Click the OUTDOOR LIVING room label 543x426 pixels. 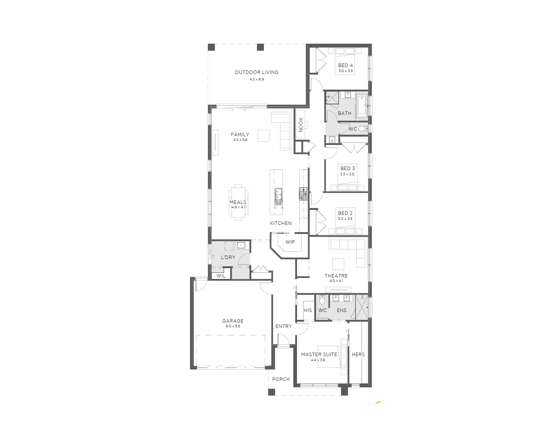(257, 72)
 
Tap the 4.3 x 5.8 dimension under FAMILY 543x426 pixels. (240, 140)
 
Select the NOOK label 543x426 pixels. (301, 124)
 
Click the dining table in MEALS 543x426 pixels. (238, 202)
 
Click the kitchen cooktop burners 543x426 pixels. (304, 194)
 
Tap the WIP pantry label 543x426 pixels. (290, 242)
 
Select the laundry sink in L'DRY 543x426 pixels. (241, 245)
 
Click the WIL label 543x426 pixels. (221, 276)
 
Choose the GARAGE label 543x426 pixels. (233, 321)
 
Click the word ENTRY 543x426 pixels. (284, 326)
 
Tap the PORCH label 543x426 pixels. (281, 379)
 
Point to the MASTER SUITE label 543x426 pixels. (319, 355)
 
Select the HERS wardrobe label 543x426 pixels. (358, 355)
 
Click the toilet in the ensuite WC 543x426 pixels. (322, 300)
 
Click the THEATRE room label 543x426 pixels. (336, 276)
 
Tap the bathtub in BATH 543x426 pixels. (362, 106)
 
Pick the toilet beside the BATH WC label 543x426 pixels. (363, 128)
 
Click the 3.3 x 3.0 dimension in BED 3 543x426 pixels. (347, 174)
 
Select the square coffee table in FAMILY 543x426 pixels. (264, 136)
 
